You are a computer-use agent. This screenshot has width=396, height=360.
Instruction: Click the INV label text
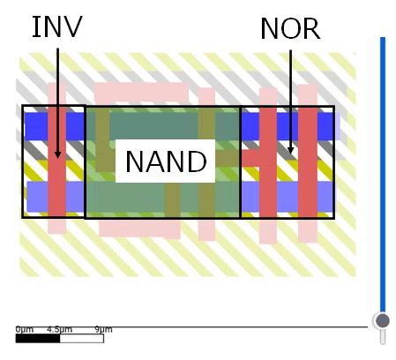[x=57, y=26]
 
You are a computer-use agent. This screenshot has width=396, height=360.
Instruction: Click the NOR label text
[x=290, y=28]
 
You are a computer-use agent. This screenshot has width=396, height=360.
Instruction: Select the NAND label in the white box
[x=166, y=161]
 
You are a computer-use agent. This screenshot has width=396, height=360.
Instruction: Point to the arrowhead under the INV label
[x=57, y=154]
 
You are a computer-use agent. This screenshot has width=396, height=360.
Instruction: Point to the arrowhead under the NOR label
[x=290, y=150]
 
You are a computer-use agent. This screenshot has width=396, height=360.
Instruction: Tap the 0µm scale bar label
[x=25, y=329]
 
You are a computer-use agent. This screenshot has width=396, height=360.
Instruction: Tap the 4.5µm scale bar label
[x=59, y=329]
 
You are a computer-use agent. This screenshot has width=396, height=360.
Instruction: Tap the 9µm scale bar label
[x=103, y=329]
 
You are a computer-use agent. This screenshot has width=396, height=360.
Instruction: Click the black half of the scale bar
[x=38, y=339]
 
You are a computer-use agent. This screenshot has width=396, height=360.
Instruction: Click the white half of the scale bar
[x=82, y=339]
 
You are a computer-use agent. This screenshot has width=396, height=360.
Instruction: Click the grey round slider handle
[x=383, y=320]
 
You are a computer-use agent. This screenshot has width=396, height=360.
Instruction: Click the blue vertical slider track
[x=383, y=175]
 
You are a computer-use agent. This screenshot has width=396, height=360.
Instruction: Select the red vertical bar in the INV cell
[x=56, y=161]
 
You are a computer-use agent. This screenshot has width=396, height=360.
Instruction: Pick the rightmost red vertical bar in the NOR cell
[x=308, y=162]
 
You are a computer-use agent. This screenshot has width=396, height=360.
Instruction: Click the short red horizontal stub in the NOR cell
[x=250, y=158]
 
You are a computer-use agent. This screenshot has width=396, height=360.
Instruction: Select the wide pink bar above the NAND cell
[x=141, y=93]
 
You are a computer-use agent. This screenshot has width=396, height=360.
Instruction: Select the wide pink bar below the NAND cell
[x=139, y=229]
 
